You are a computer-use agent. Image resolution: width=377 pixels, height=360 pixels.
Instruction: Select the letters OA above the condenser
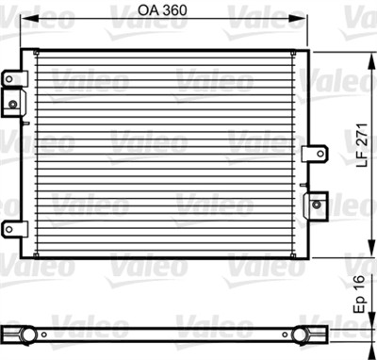pyautogui.click(x=148, y=12)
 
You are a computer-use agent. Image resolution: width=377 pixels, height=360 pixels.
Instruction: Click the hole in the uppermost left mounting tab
pyautogui.click(x=10, y=79)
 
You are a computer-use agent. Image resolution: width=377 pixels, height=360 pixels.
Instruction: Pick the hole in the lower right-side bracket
pyautogui.click(x=319, y=201)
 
